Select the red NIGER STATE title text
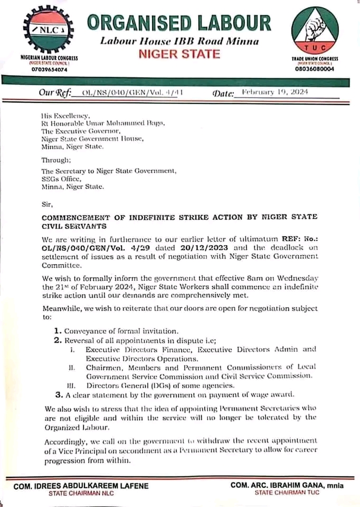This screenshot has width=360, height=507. click(x=179, y=54)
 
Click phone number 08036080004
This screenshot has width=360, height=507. click(x=315, y=69)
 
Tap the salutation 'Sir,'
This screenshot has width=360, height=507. click(x=47, y=203)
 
